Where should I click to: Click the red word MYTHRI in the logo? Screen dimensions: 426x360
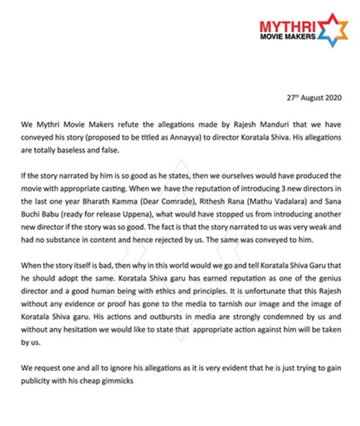[288, 25]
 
